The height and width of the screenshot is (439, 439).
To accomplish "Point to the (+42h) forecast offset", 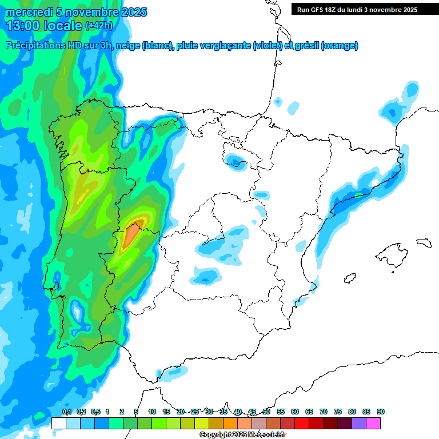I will point(99,26).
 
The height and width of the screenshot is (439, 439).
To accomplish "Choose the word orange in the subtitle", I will point(340,46).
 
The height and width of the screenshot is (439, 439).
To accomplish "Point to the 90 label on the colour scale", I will point(381,412).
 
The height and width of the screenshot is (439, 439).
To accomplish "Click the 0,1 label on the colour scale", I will point(67,412).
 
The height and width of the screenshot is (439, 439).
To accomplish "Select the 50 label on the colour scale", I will point(266,412).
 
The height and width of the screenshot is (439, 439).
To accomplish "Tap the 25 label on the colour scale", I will point(195,412).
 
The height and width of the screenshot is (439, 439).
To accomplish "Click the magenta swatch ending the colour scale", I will point(373,423).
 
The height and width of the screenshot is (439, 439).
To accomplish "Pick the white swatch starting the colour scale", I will point(58,423).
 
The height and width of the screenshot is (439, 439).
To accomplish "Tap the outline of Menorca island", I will point(423,242).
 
